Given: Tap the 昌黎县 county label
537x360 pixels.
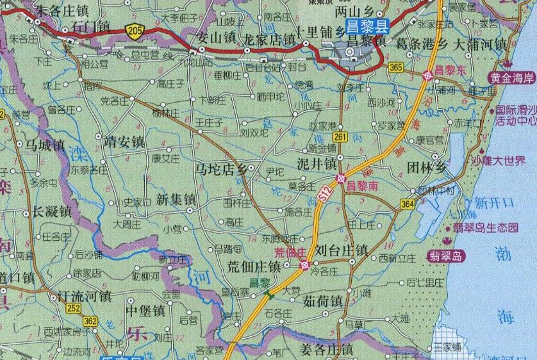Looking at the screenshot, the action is point(367,26).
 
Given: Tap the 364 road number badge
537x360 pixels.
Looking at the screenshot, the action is point(408,203).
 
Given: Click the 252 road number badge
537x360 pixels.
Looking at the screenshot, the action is point(92,309).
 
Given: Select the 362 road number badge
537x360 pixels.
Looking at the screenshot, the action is point(92,320).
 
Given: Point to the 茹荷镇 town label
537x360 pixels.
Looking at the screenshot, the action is point(323,300).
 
